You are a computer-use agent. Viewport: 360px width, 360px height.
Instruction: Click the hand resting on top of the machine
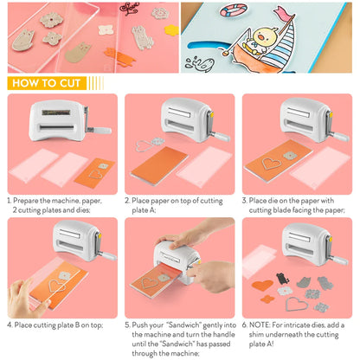point(183,237)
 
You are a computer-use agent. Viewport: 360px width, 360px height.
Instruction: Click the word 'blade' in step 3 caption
point(291,209)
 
